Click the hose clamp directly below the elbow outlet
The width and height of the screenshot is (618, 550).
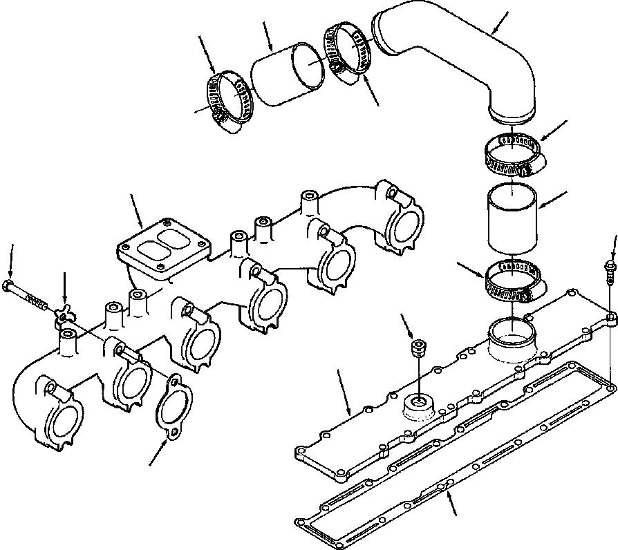click(512, 155)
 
